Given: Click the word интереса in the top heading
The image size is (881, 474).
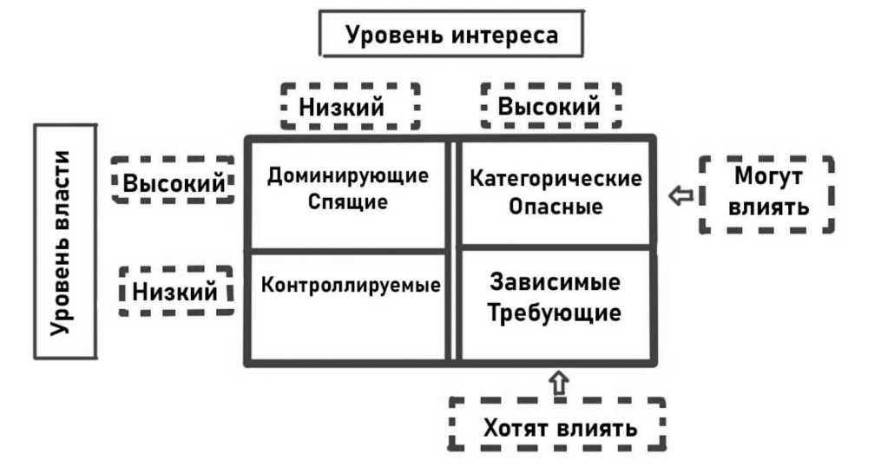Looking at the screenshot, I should tap(504, 36).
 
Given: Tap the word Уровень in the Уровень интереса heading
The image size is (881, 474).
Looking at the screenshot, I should tap(396, 36).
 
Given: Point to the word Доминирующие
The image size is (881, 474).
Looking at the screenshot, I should tap(347, 176).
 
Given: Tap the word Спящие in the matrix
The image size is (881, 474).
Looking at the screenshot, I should tap(347, 202).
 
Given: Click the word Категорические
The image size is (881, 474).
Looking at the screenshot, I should tap(556, 180).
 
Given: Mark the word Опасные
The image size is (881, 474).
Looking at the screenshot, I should tap(556, 208).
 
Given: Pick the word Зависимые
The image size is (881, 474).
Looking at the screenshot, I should tap(555, 284).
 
